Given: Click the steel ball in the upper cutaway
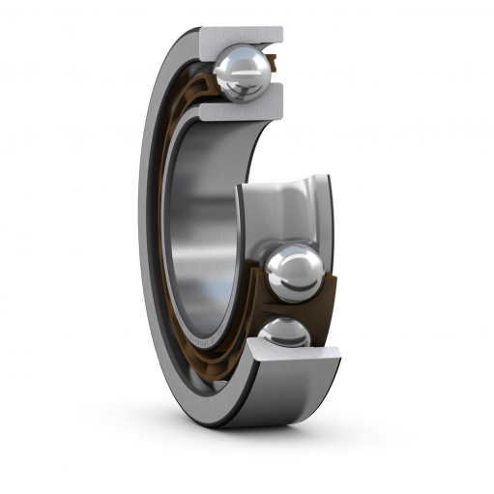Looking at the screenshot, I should pyautogui.click(x=242, y=73).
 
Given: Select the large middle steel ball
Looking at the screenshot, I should pyautogui.click(x=294, y=273).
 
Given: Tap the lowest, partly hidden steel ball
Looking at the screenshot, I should pyautogui.click(x=285, y=334).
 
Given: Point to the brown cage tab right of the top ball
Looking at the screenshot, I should pyautogui.click(x=274, y=66).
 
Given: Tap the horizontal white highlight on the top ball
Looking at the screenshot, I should pyautogui.click(x=239, y=64).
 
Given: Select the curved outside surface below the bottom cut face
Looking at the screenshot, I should pyautogui.click(x=290, y=396).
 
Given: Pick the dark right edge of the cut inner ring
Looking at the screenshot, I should pyautogui.click(x=329, y=213).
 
